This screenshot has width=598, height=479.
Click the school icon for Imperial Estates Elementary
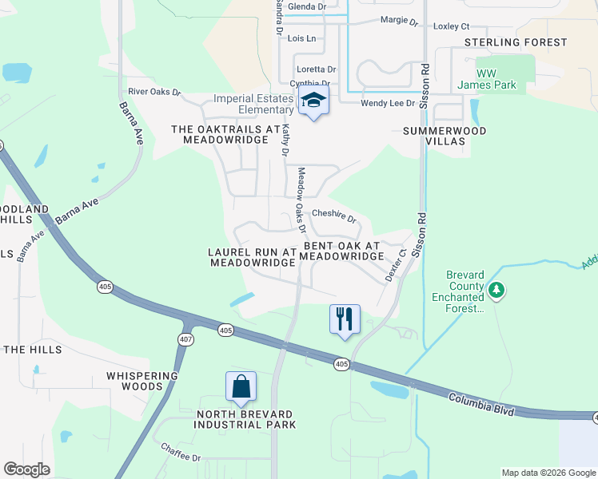[313, 101]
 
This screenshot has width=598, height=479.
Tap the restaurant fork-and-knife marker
[345, 318]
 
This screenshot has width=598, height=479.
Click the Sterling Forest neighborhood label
[527, 42]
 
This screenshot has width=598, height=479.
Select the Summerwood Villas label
[445, 136]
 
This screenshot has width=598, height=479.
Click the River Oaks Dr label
[154, 92]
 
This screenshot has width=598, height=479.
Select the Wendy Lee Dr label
[388, 103]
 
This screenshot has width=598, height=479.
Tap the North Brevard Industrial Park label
[245, 419]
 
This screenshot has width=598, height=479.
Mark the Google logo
[27, 469]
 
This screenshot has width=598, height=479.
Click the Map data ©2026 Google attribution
[548, 473]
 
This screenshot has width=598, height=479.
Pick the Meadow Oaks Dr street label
[301, 200]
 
